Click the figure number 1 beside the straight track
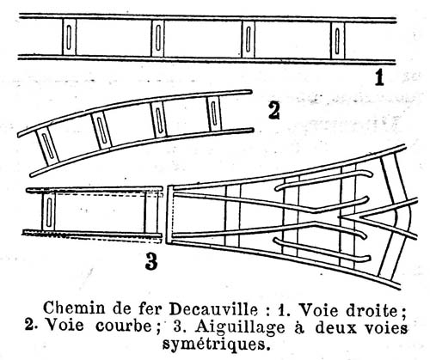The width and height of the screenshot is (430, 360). point(379,77)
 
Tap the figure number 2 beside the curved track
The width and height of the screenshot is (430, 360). point(274,111)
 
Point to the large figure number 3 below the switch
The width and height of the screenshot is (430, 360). point(151,262)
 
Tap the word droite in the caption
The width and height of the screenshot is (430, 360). point(374,310)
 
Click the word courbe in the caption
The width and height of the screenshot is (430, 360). point(124,326)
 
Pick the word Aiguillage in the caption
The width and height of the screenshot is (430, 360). point(240,328)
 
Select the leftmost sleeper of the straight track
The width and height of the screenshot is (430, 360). point(69,37)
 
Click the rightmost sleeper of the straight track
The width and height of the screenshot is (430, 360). point(338,40)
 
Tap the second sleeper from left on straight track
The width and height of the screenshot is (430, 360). point(157,38)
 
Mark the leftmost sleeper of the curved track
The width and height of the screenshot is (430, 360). point(47,147)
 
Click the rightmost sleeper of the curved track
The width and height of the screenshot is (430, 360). point(214,113)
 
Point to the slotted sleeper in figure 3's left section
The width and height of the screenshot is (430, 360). point(49,211)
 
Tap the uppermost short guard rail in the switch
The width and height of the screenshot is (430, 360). point(323,179)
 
